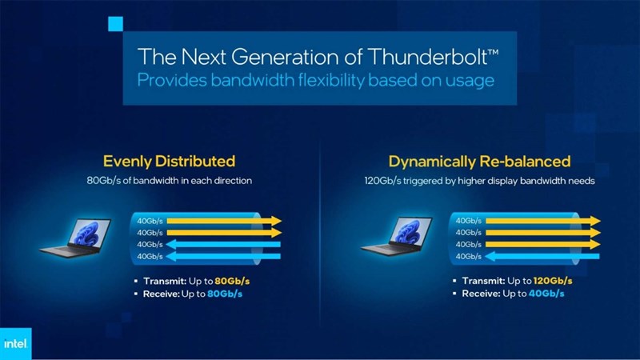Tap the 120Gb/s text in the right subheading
coord(378,181)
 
